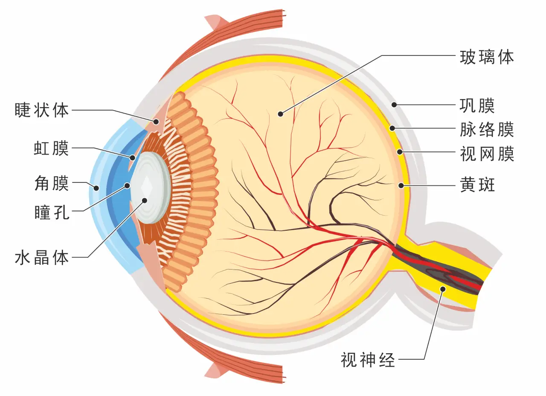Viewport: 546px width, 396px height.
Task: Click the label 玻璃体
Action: click(487, 57)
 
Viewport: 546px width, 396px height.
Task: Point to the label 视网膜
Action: click(487, 154)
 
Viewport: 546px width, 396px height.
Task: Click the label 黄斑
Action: click(477, 185)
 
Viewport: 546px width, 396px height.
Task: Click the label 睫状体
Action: click(41, 110)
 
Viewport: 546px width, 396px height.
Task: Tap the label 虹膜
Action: click(51, 148)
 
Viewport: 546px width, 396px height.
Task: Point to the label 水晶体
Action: click(41, 258)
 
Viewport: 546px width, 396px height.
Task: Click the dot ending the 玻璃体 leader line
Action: click(280, 114)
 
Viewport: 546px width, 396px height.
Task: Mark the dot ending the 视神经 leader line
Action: click(443, 289)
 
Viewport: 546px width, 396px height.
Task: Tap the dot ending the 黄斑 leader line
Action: click(401, 185)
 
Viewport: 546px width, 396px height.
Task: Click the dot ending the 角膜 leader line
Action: click(96, 188)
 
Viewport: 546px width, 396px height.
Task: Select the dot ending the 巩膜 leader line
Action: click(395, 104)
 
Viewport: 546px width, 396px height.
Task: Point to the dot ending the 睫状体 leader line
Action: click(156, 122)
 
